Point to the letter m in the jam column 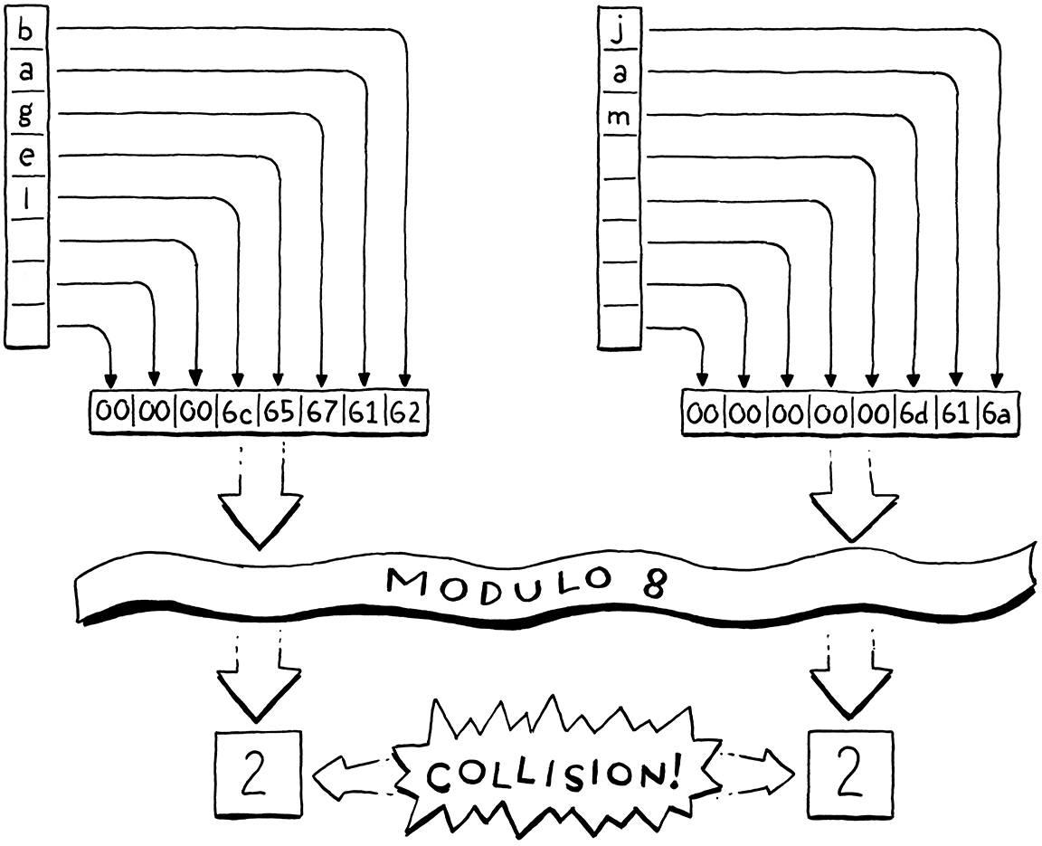click(620, 118)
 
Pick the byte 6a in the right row click(998, 414)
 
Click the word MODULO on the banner click(470, 589)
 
